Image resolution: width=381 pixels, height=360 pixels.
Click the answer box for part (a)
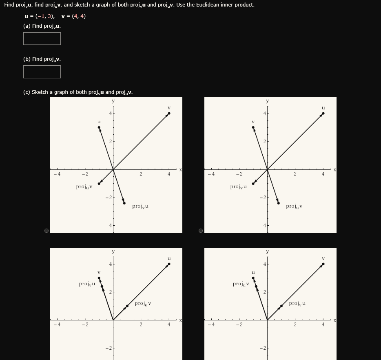(42, 39)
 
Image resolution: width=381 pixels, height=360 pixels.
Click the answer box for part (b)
(42, 72)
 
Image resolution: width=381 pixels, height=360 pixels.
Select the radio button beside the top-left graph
(47, 231)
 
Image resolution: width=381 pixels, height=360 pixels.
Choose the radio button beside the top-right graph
(201, 231)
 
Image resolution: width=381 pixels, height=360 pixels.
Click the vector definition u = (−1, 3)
(40, 16)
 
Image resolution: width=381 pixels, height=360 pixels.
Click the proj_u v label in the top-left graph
(84, 187)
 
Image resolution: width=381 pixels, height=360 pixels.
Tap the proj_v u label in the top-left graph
(140, 207)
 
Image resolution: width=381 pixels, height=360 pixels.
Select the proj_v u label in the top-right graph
(238, 187)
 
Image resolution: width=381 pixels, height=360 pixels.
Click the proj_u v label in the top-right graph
(294, 207)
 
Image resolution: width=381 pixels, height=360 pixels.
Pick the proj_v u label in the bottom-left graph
(87, 284)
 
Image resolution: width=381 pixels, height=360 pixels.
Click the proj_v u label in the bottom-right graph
(297, 304)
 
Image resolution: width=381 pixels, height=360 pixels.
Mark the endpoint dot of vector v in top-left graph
(169, 113)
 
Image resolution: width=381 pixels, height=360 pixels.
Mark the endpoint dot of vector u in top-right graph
(323, 113)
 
